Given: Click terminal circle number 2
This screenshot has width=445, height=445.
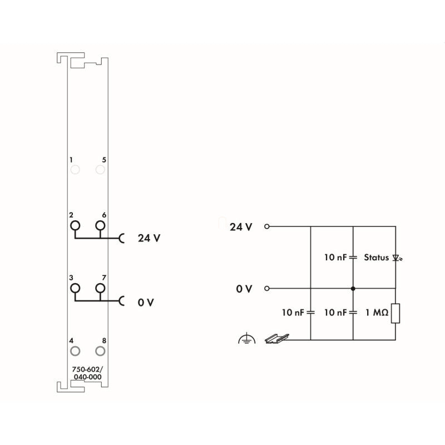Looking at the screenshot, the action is (x=75, y=221).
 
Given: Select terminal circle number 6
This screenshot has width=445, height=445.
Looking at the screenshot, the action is (x=100, y=221).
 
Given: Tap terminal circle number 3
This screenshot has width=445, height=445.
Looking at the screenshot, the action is (x=75, y=283).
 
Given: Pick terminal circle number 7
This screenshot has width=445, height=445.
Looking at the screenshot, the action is (x=100, y=283).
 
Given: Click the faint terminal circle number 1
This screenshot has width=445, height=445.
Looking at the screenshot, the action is (x=75, y=165).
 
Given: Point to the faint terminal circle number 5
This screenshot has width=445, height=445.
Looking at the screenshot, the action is (x=100, y=165).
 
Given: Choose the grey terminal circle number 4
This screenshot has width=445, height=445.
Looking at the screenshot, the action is (x=75, y=347).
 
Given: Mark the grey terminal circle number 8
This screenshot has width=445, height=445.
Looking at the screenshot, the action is (x=100, y=347).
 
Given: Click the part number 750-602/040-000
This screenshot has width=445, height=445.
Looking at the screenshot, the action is (x=87, y=373).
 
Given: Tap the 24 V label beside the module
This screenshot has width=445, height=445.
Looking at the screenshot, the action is (x=149, y=238).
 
